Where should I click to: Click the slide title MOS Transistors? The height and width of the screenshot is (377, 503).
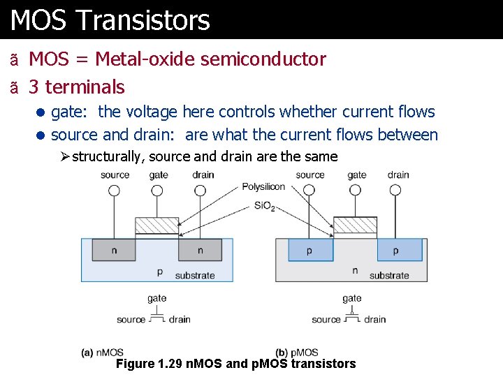[110, 20]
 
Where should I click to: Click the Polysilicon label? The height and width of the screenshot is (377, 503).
[263, 187]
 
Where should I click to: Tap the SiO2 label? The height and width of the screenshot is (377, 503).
[265, 206]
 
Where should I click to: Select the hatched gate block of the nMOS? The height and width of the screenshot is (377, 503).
[156, 226]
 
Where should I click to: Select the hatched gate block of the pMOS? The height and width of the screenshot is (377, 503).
[355, 226]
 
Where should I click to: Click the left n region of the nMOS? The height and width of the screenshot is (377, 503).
[114, 250]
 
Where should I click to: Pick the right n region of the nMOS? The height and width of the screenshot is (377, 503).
[200, 250]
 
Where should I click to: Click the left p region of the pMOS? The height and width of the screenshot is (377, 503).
[309, 250]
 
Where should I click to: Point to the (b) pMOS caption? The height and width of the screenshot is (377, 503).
[297, 353]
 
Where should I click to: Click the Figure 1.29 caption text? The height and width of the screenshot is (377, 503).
[235, 364]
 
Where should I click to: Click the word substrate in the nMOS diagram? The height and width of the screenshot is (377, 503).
[195, 276]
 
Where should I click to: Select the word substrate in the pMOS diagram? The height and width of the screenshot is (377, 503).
[389, 276]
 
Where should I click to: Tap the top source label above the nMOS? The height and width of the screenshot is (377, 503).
[115, 175]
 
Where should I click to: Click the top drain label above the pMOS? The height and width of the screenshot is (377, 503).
[398, 175]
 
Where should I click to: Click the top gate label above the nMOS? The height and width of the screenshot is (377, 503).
[159, 175]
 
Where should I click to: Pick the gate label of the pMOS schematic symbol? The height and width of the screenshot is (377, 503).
[352, 299]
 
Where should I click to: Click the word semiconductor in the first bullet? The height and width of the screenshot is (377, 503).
[263, 60]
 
